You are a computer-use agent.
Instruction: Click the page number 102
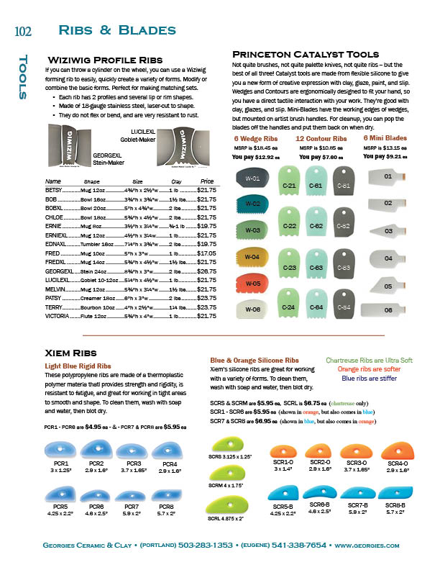(x=23, y=31)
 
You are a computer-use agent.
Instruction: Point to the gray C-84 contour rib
(x=344, y=307)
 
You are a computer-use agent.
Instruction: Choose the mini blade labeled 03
(x=388, y=231)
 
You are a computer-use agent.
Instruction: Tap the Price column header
(x=207, y=181)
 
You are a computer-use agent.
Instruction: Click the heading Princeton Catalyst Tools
(x=306, y=54)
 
